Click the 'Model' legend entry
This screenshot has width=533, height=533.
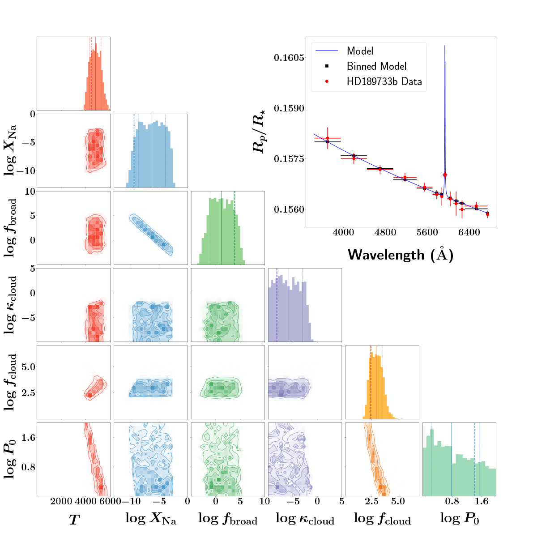[x=360, y=51]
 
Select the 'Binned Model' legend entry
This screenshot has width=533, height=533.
[x=376, y=66]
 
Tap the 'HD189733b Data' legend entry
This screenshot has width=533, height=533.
[x=384, y=82]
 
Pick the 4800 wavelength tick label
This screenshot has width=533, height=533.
[x=385, y=232]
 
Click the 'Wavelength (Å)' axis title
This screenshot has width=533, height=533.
[x=401, y=254]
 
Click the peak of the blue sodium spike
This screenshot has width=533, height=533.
[x=444, y=46]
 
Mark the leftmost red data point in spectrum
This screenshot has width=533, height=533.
[x=328, y=138]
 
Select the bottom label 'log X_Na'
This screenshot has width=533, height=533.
[x=150, y=519]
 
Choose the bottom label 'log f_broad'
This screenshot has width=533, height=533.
[x=228, y=519]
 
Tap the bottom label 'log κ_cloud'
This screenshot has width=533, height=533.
[x=305, y=519]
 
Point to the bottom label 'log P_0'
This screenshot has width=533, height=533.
[x=459, y=519]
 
